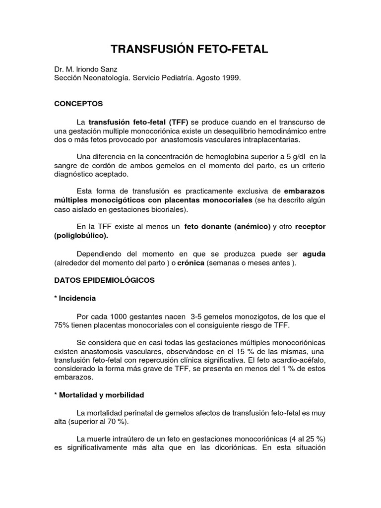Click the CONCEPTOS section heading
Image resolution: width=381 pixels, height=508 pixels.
pos(78,104)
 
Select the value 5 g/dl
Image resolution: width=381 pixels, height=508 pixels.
pos(293,157)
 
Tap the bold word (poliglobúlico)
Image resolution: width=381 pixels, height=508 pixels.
pos(81,236)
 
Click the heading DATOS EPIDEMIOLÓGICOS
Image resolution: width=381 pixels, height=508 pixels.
pos(104,280)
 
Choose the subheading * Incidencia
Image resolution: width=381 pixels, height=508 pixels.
pos(75,298)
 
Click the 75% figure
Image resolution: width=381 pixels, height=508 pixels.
pos(63,325)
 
